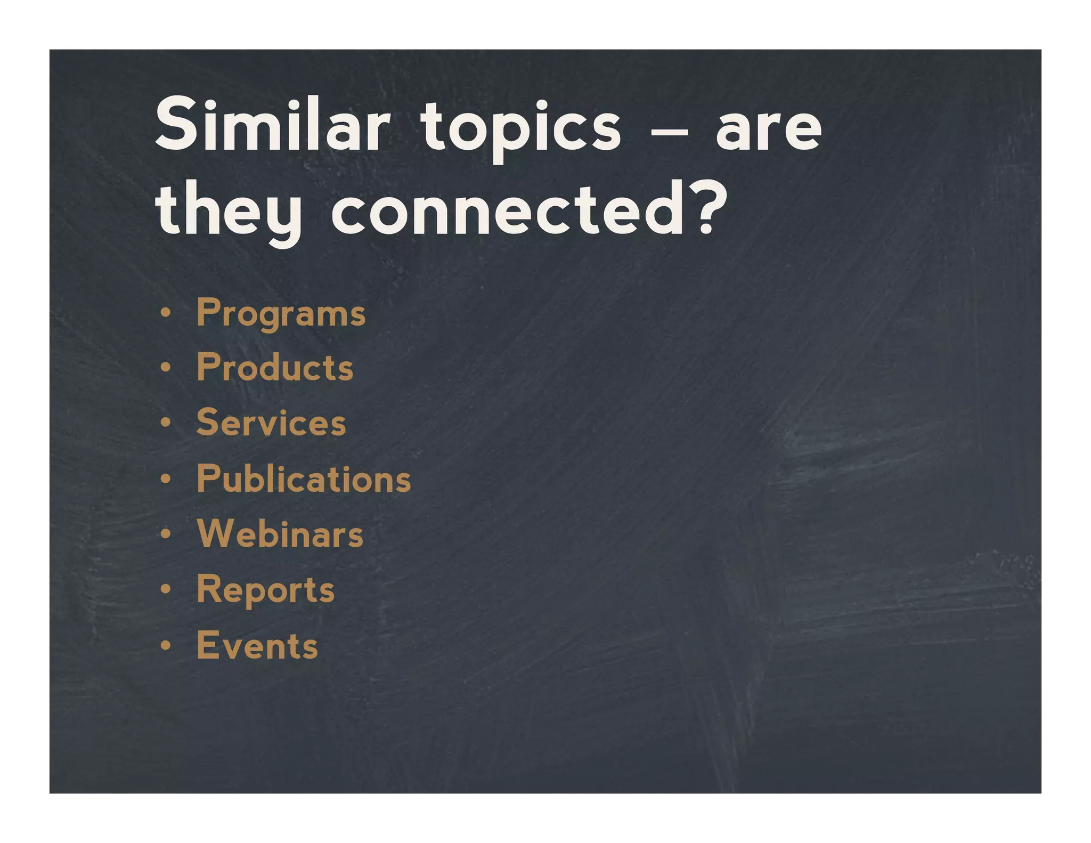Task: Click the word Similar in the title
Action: [x=272, y=126]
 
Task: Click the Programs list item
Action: [x=281, y=313]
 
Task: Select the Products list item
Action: [x=275, y=368]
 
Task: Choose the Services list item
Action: [x=271, y=423]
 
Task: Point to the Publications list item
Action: [x=304, y=479]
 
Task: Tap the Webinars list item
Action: [x=280, y=534]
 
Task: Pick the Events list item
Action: [x=257, y=645]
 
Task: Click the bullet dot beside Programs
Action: [x=166, y=313]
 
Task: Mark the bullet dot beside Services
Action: [x=166, y=423]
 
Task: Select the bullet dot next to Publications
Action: [x=166, y=479]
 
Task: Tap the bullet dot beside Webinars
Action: [x=166, y=534]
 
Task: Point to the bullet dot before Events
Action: [x=166, y=645]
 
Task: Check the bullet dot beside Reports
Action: [x=166, y=590]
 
